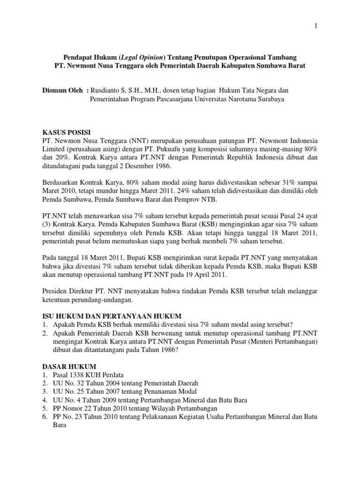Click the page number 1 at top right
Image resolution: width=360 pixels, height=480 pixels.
pyautogui.click(x=316, y=26)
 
